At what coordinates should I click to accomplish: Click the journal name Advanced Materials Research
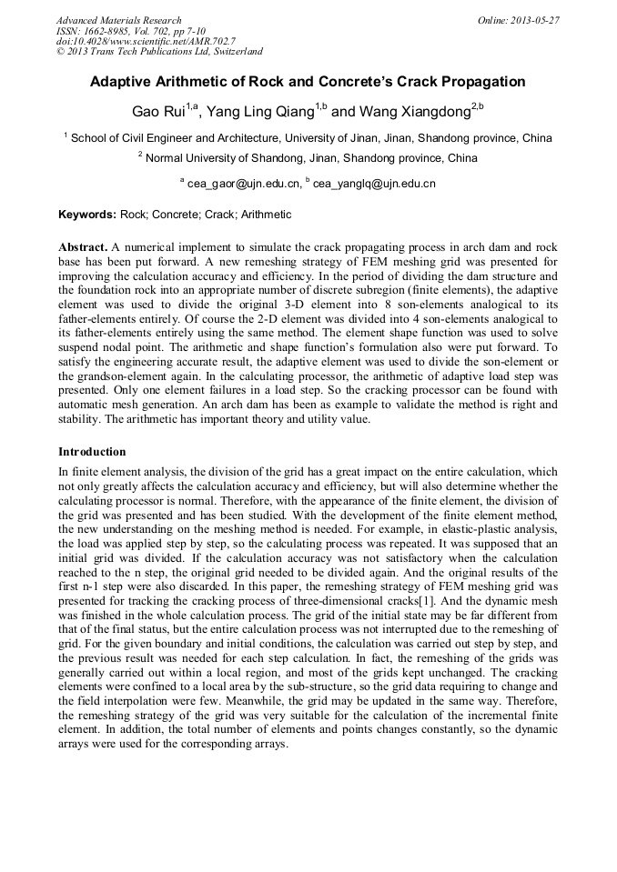[118, 20]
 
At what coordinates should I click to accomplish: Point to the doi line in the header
[145, 42]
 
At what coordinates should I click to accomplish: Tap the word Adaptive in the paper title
[123, 82]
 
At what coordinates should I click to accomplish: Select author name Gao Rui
[157, 113]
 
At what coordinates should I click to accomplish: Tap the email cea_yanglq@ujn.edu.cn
[374, 184]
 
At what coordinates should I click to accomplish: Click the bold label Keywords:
[87, 215]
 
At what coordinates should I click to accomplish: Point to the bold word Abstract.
[83, 247]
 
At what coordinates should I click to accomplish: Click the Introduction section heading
[92, 452]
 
